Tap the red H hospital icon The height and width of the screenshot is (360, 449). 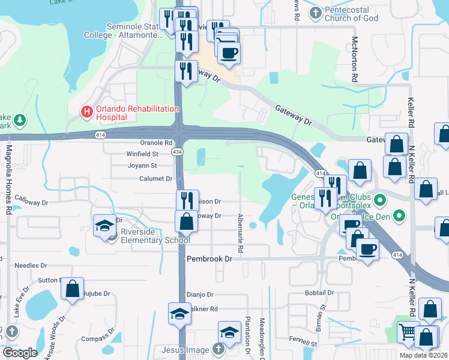[87, 111]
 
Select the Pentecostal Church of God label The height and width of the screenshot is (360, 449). [351, 14]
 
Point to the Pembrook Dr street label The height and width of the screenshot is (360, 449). [209, 259]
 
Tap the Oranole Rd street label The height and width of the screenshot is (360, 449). [156, 143]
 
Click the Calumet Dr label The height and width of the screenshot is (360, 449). [156, 179]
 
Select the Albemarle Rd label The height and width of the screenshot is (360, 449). [240, 229]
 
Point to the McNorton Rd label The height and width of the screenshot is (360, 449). [355, 59]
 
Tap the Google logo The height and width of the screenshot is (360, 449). [19, 353]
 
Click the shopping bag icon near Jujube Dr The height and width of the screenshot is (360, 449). [72, 289]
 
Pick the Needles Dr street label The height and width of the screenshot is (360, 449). [30, 265]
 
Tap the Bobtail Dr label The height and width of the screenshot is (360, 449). [319, 293]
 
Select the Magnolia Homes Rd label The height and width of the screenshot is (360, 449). [9, 180]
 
